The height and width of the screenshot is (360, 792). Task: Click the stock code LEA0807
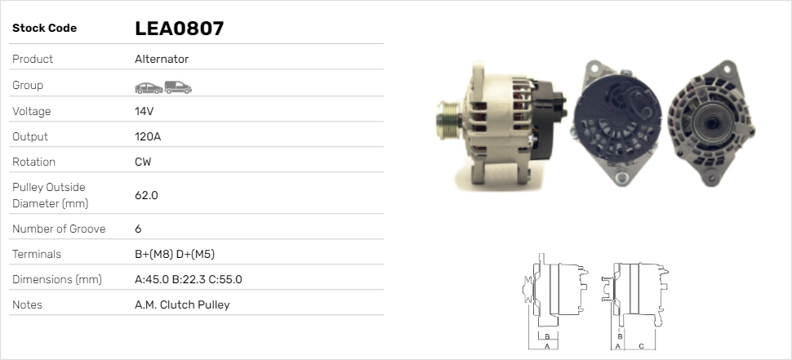(179, 29)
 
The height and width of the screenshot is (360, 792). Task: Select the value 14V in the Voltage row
(144, 111)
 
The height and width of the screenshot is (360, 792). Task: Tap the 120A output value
(148, 136)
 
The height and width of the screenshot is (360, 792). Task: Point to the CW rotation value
(143, 162)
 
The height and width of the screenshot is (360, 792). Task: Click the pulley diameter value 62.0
(146, 195)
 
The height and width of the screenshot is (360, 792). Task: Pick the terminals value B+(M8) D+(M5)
(174, 254)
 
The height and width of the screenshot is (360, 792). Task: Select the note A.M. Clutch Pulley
(182, 305)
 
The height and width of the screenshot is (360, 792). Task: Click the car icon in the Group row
(149, 88)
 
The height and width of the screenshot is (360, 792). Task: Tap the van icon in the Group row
(178, 87)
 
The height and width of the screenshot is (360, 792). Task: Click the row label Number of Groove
(59, 229)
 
